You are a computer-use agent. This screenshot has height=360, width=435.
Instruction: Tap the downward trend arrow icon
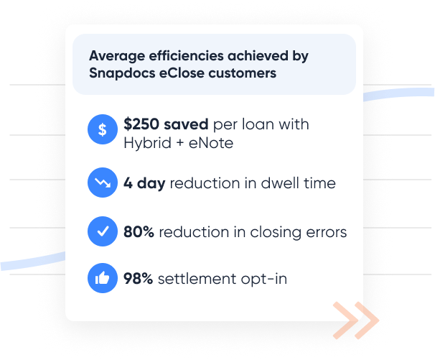(x=103, y=183)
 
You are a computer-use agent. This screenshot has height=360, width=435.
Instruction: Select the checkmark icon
(x=103, y=232)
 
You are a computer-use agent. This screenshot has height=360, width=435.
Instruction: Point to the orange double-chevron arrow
(x=356, y=320)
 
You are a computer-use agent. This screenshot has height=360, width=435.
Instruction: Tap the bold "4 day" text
(x=144, y=183)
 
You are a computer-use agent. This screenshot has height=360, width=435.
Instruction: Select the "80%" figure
(x=139, y=232)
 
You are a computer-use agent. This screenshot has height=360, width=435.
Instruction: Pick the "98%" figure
(x=139, y=279)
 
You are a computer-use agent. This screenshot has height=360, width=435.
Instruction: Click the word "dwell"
(x=264, y=183)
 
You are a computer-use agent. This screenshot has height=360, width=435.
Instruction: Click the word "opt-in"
(x=265, y=279)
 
